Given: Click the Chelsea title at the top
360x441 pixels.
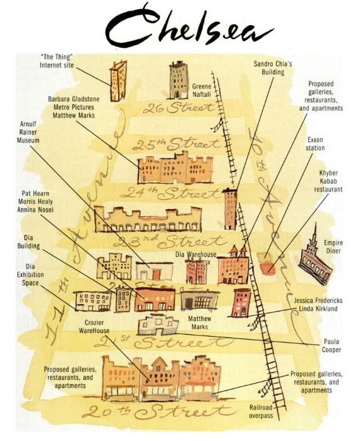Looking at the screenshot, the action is [189, 27].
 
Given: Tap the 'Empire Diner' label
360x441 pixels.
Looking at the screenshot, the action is [333, 246].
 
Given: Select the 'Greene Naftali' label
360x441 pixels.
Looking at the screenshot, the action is [201, 90].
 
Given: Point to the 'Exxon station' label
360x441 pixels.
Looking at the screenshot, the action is [315, 143].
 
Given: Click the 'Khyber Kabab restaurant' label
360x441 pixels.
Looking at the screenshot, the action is [328, 181].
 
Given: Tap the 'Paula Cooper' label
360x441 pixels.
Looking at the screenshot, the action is [332, 346].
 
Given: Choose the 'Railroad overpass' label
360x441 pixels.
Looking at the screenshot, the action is [261, 411].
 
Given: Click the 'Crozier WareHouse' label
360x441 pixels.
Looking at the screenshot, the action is [94, 327].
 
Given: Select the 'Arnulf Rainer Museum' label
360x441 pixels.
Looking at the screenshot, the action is [28, 132].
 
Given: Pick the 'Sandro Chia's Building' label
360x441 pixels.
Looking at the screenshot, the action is [273, 68].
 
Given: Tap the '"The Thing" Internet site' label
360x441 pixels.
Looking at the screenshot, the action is [57, 61].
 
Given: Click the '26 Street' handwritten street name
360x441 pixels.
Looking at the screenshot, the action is [179, 107].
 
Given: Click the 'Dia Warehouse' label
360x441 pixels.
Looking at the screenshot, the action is [196, 254].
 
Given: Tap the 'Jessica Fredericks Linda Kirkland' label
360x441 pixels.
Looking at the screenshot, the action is [318, 305].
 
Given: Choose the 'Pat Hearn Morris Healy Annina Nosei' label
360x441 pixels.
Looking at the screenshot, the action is [35, 202].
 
